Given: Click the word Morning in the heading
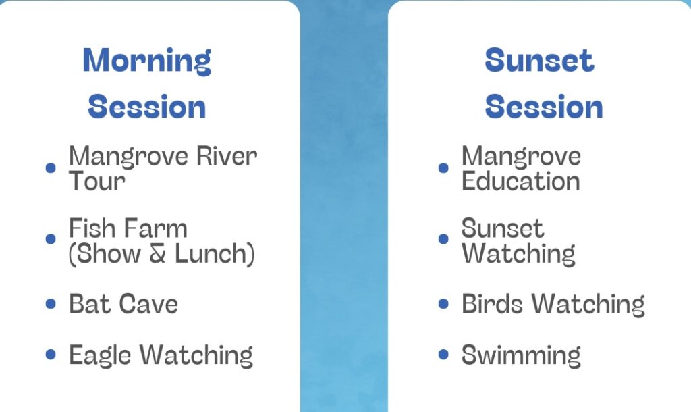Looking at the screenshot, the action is coord(146,61).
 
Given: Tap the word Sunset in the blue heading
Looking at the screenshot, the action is coord(539,60).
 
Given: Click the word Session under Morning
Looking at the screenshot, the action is coord(146,107).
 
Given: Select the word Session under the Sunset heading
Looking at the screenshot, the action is coord(544,107).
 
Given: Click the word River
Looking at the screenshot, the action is coord(227,156).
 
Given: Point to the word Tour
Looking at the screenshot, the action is coord(97,181).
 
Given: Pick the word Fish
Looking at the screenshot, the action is coord(92,228).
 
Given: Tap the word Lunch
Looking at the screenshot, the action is coord(215,254).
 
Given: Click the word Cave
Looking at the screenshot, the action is coord(148,304).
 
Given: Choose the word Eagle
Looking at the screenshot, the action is coord(100,356).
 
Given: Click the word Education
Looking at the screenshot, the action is coord(520,181).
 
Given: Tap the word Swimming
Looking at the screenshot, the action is coord(521,355).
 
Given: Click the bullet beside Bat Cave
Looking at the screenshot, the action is coord(51,304).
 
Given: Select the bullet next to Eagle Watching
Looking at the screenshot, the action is coord(51,354).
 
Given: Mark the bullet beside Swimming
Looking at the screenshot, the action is coord(443,354).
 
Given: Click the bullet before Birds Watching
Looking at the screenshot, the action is coord(443,304).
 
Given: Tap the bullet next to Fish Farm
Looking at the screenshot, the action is coord(51,238).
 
